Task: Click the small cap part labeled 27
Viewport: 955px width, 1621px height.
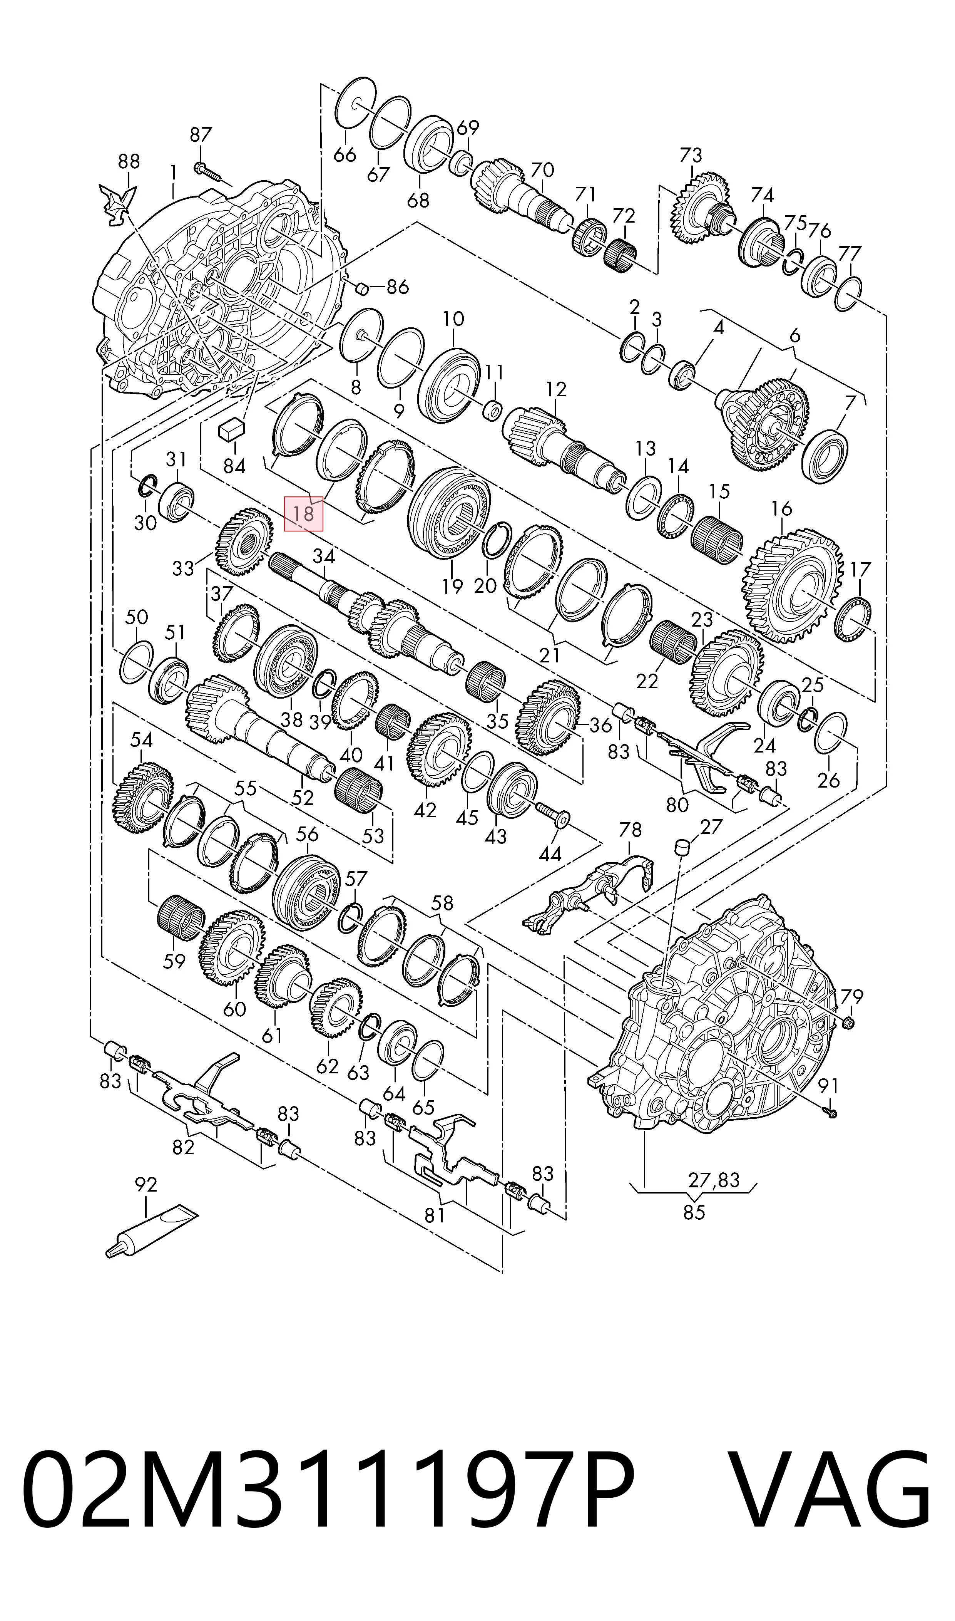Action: (683, 847)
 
